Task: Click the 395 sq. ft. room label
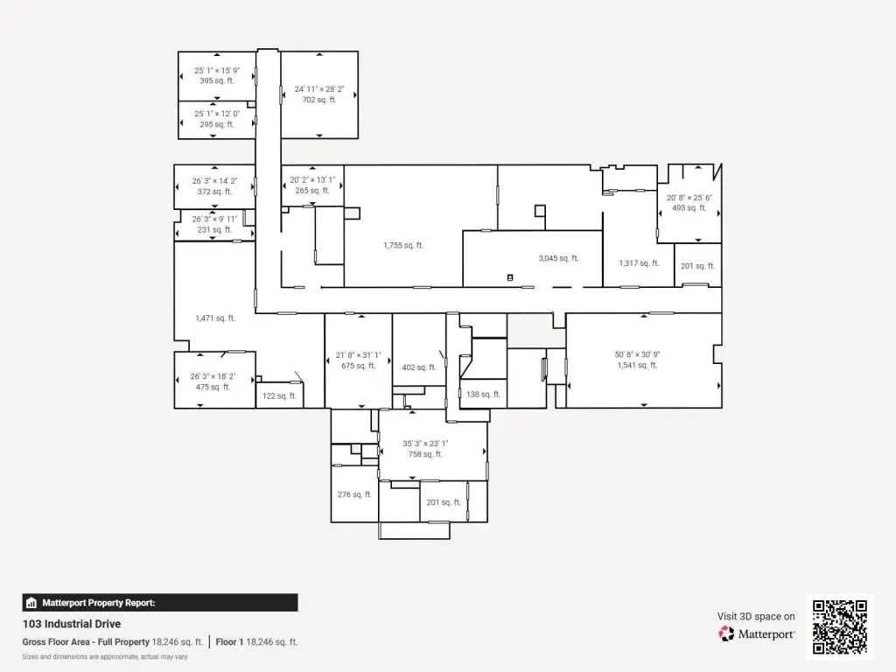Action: pos(217,81)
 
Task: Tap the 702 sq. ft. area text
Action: pos(318,100)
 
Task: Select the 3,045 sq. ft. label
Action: pos(558,258)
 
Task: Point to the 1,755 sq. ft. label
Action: pos(402,246)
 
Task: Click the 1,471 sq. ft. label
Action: pos(215,318)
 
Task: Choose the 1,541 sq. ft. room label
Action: pos(637,365)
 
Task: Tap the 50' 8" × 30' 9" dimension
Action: pos(637,354)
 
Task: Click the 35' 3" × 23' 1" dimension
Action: pos(425,444)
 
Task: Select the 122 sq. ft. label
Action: pos(279,396)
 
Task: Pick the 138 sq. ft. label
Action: pos(483,395)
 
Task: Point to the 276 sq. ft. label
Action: pos(354,495)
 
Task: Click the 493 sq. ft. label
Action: pos(689,208)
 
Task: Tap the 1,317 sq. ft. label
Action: pos(639,263)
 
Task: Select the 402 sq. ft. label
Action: pos(419,367)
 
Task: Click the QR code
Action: pos(840,626)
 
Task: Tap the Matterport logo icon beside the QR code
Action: pos(726,633)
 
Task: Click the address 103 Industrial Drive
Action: pos(72,624)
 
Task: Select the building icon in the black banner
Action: pos(31,603)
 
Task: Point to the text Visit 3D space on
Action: pos(756,617)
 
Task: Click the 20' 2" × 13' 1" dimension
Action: pos(312,180)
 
